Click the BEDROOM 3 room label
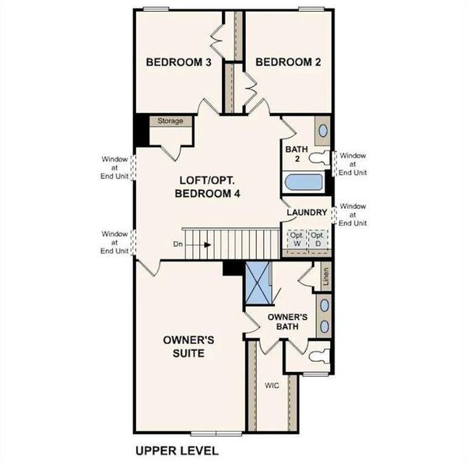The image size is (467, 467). (179, 62)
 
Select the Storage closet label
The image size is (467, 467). (170, 121)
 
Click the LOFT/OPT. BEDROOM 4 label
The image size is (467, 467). (206, 187)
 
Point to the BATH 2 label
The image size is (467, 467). (293, 153)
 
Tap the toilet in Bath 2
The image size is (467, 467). (320, 159)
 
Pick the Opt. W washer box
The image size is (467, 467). (297, 239)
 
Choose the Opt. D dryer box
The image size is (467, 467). (317, 239)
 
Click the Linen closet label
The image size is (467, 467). (325, 276)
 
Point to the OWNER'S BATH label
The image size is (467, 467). (288, 322)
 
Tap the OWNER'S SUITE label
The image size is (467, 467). (184, 346)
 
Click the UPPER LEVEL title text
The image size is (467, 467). (177, 451)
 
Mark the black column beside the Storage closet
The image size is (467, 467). (141, 129)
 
